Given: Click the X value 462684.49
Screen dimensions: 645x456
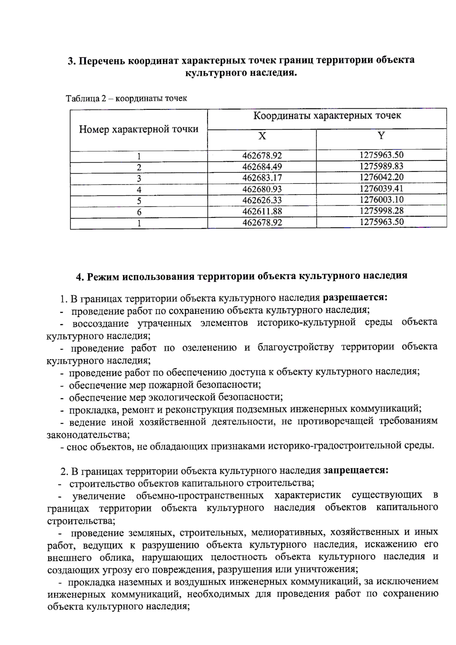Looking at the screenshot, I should [262, 167].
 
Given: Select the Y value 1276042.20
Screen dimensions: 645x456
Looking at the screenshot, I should [381, 177].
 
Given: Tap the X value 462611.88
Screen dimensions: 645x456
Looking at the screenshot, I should [262, 211].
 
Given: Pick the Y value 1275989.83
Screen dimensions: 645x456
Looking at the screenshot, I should [381, 166].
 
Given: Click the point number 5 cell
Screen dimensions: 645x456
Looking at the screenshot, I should [139, 201].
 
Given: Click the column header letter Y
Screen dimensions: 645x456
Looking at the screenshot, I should [381, 136].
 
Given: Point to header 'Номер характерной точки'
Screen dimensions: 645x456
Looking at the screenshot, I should [139, 130].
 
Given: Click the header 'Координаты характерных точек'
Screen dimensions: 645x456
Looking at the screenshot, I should [327, 116].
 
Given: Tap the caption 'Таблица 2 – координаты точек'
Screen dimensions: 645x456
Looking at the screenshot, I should [127, 99].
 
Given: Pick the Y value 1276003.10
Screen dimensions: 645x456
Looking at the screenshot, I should [381, 200].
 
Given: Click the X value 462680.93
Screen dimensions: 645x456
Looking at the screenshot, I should [262, 189].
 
